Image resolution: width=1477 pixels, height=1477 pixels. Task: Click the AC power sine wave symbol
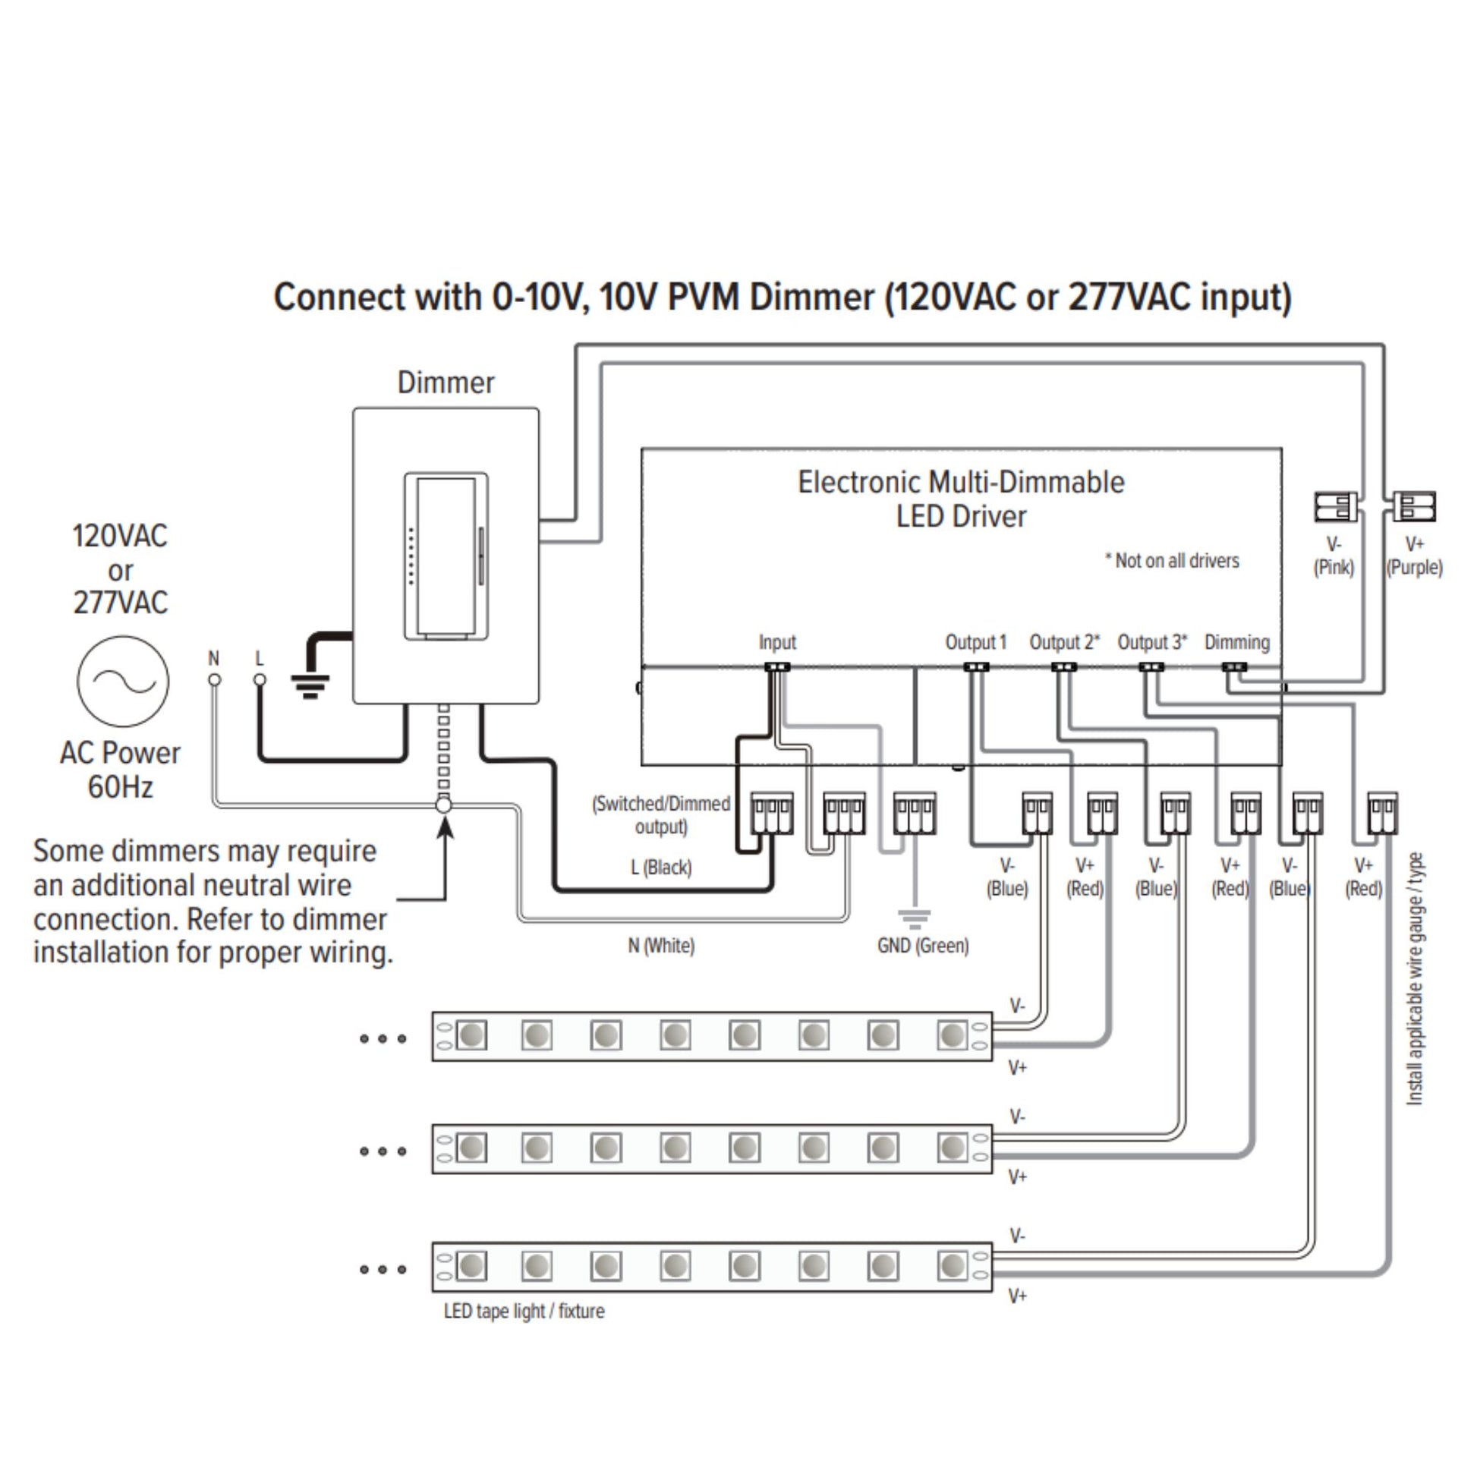pyautogui.click(x=122, y=680)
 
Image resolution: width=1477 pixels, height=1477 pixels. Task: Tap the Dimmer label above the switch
pyautogui.click(x=446, y=383)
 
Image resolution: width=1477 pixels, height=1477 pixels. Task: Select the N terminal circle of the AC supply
pyautogui.click(x=215, y=679)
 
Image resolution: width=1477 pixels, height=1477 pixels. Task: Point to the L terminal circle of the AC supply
pyautogui.click(x=260, y=679)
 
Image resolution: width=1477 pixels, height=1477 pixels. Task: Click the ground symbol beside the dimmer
pyautogui.click(x=310, y=686)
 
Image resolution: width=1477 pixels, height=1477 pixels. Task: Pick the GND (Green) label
pyautogui.click(x=923, y=946)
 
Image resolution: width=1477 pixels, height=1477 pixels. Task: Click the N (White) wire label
pyautogui.click(x=661, y=946)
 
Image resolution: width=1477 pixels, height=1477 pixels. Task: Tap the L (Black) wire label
pyautogui.click(x=661, y=867)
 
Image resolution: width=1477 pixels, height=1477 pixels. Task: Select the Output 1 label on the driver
pyautogui.click(x=975, y=642)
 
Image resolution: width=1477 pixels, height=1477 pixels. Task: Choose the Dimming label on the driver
pyautogui.click(x=1237, y=642)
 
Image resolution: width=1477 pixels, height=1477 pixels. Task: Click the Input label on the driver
pyautogui.click(x=776, y=642)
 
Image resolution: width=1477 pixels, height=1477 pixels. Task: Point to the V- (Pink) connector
pyautogui.click(x=1335, y=507)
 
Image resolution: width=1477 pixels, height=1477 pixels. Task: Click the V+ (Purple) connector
pyautogui.click(x=1413, y=506)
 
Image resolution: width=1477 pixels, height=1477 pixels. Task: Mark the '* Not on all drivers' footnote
pyautogui.click(x=1172, y=560)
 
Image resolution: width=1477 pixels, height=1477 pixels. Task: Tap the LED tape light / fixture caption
pyautogui.click(x=524, y=1311)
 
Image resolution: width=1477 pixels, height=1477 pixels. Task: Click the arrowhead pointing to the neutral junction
pyautogui.click(x=444, y=827)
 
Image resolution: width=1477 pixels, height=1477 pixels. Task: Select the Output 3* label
pyautogui.click(x=1152, y=642)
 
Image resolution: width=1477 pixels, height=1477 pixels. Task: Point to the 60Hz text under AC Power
pyautogui.click(x=120, y=786)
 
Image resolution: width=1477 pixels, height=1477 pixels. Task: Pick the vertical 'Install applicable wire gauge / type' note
pyautogui.click(x=1415, y=978)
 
